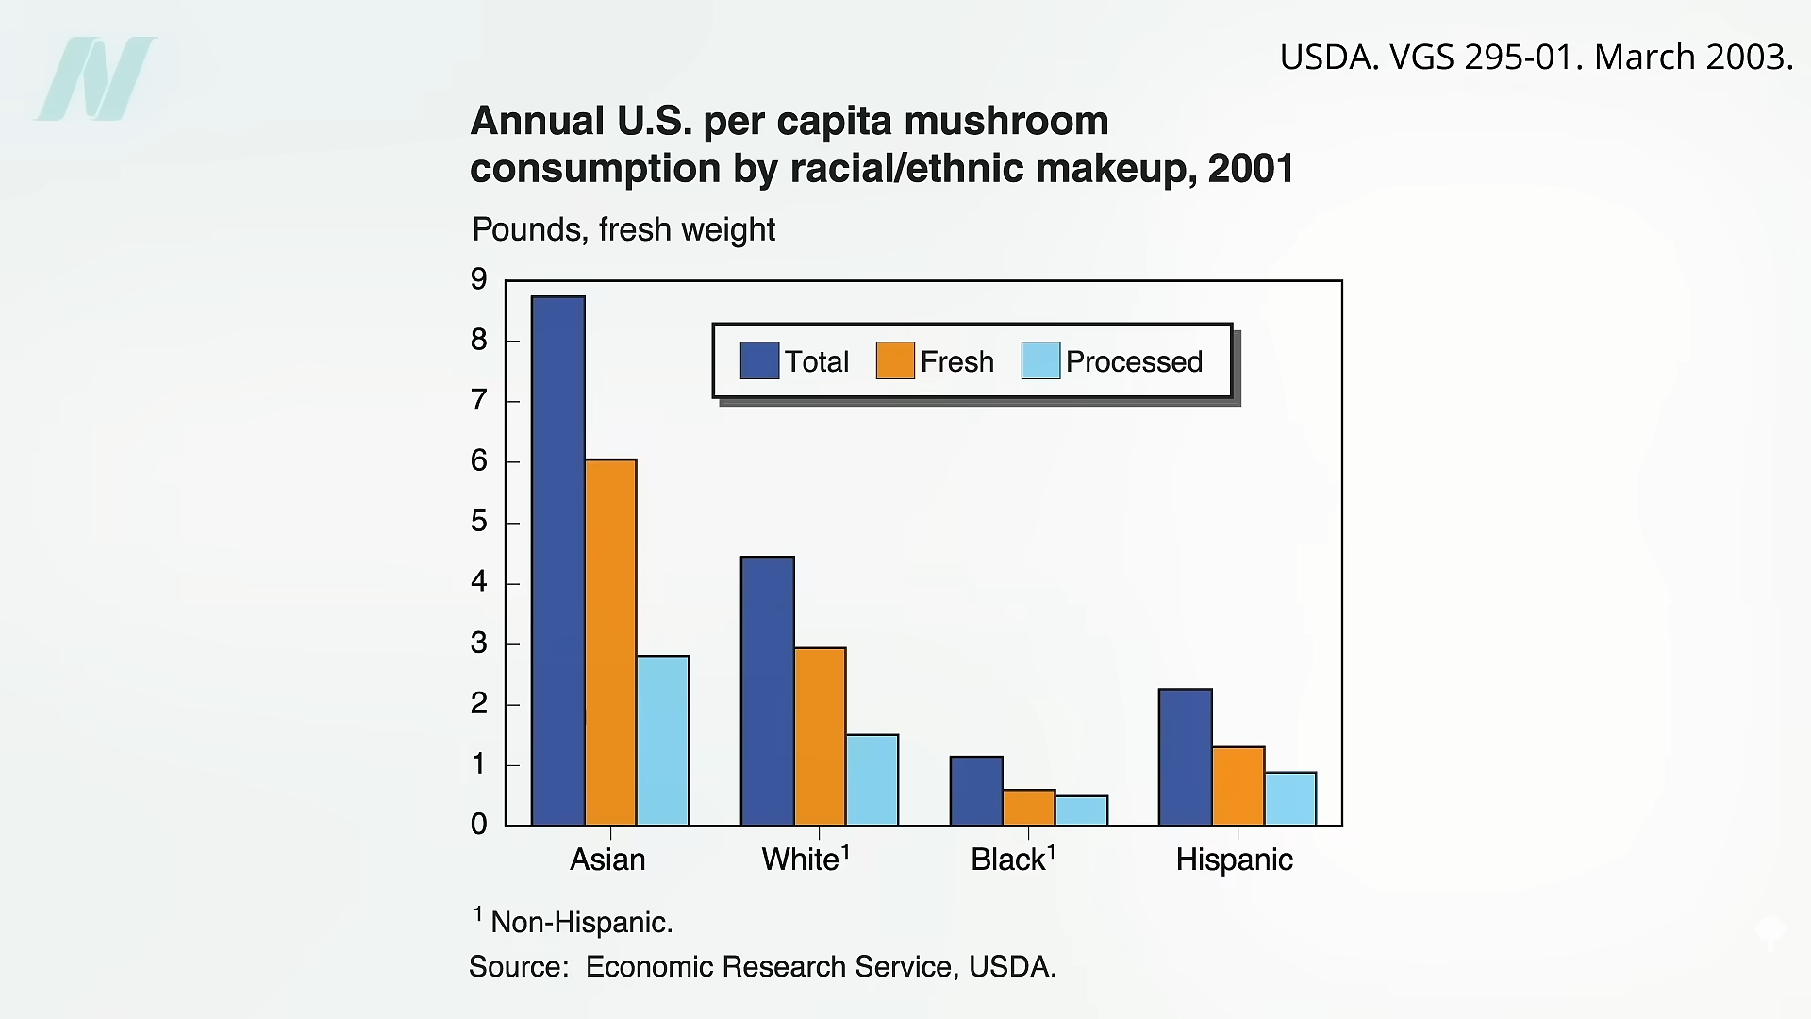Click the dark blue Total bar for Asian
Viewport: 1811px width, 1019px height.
pyautogui.click(x=558, y=561)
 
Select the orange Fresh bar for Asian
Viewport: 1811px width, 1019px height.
pyautogui.click(x=611, y=643)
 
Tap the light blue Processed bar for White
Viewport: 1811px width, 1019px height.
pyautogui.click(x=872, y=780)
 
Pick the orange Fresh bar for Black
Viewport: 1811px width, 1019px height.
pyautogui.click(x=1029, y=808)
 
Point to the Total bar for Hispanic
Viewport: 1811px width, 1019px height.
pyautogui.click(x=1186, y=758)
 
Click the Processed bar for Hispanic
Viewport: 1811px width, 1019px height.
pyautogui.click(x=1290, y=799)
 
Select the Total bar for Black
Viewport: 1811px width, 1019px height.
pyautogui.click(x=976, y=791)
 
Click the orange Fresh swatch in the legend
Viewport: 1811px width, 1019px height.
pyautogui.click(x=895, y=360)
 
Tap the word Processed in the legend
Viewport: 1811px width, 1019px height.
pyautogui.click(x=1134, y=361)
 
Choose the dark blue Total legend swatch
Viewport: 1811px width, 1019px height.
pyautogui.click(x=759, y=360)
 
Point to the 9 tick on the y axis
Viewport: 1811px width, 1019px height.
pyautogui.click(x=479, y=279)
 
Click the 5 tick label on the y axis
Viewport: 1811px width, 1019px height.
pyautogui.click(x=479, y=522)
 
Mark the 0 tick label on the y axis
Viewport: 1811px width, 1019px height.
pyautogui.click(x=479, y=825)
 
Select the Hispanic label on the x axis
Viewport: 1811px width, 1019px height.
pyautogui.click(x=1234, y=860)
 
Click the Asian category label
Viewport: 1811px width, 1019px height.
pyautogui.click(x=607, y=860)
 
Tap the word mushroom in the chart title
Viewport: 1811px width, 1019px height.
pyautogui.click(x=1005, y=121)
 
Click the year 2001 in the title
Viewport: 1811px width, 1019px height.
pyautogui.click(x=1251, y=169)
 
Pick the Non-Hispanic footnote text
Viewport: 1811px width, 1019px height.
pyautogui.click(x=581, y=922)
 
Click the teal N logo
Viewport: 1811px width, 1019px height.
pyautogui.click(x=96, y=79)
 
